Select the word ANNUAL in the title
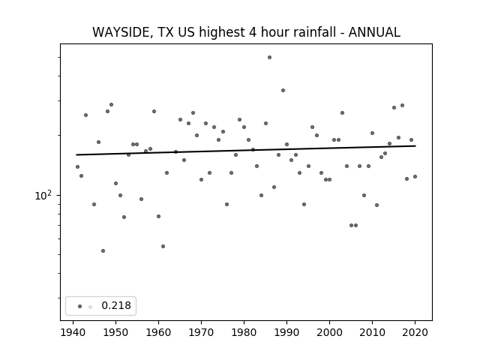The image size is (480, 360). (x=374, y=32)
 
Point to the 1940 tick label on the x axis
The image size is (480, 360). (x=73, y=332)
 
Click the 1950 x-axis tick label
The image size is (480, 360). (x=115, y=332)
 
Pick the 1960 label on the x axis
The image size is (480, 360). (x=158, y=332)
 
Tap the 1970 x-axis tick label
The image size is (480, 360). (x=202, y=332)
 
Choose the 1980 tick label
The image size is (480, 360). (x=244, y=332)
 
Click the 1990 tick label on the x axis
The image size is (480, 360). (x=286, y=332)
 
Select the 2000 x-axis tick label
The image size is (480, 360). (x=330, y=332)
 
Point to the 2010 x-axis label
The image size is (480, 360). (x=372, y=332)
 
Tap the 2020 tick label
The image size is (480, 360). (x=415, y=332)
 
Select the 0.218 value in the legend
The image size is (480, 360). (x=116, y=305)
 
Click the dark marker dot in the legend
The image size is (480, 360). (x=80, y=306)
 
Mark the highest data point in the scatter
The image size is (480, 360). (x=269, y=57)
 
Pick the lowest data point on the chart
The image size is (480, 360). (x=103, y=251)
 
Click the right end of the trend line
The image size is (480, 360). (x=415, y=146)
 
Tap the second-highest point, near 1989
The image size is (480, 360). (x=283, y=90)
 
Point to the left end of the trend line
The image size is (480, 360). (x=76, y=154)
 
